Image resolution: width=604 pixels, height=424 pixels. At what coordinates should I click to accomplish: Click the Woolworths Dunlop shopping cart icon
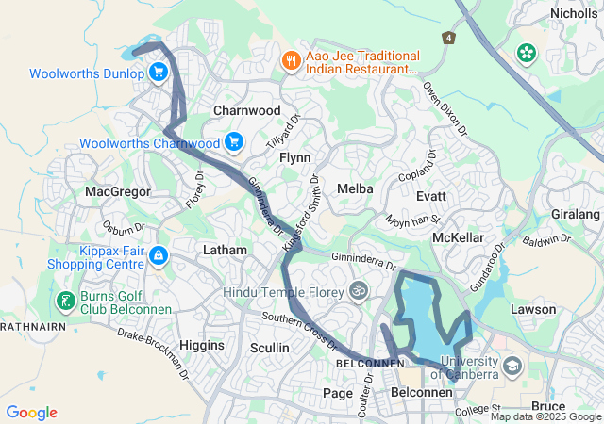158,72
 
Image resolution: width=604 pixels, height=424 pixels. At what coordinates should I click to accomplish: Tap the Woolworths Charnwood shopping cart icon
233,143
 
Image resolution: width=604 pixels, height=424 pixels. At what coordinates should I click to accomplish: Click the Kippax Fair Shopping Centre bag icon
159,254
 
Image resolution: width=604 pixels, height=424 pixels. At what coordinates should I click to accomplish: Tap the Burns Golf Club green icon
66,302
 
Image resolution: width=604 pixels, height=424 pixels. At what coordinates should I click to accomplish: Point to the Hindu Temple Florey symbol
358,291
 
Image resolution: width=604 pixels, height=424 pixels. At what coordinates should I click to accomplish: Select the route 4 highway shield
448,38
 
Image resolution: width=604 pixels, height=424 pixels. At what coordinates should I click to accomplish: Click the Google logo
31,413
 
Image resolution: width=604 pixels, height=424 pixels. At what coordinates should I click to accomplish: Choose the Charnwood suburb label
247,110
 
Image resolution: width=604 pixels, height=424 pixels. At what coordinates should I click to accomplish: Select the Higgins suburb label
202,345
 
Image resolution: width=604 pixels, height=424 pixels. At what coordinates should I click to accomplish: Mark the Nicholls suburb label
575,13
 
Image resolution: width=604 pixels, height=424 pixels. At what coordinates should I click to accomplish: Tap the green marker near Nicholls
524,56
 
